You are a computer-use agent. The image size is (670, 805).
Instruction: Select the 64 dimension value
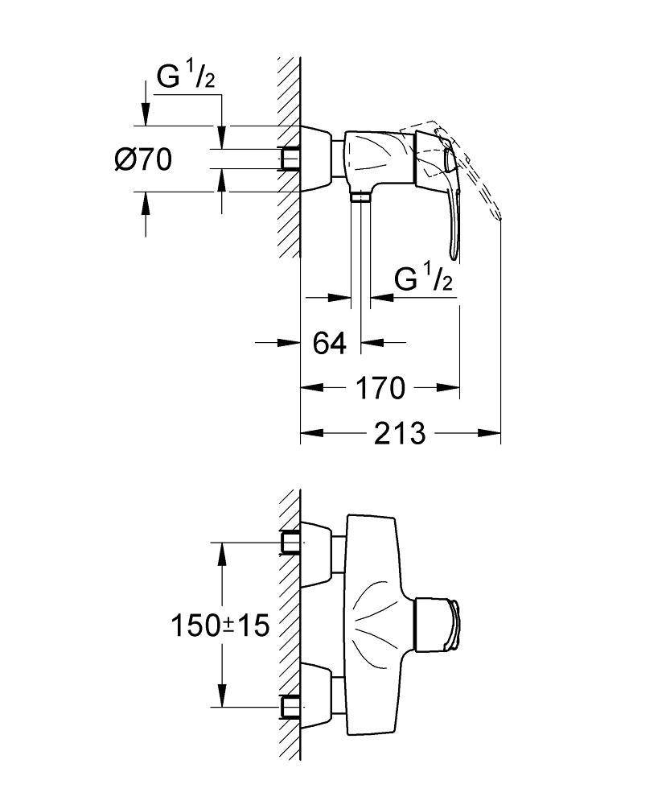(329, 343)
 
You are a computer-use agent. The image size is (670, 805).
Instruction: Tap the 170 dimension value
(380, 388)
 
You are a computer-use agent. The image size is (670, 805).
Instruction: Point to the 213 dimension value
(399, 433)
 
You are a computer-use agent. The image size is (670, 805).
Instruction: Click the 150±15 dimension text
(219, 624)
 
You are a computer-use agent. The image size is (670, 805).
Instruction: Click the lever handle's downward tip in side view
(454, 255)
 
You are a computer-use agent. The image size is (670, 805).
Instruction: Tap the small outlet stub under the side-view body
(360, 198)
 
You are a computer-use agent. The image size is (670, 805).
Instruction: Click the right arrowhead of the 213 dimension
(494, 433)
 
